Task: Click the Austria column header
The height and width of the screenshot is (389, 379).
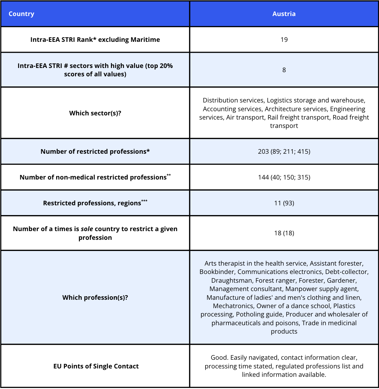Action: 284,14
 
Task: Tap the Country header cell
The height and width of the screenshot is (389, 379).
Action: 21,14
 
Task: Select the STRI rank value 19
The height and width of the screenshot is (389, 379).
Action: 284,40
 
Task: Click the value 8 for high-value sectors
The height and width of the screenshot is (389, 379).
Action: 284,70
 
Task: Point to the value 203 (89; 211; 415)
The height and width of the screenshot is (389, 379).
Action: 284,152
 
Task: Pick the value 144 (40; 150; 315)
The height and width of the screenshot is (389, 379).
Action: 284,177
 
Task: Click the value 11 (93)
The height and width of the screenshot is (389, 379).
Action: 284,203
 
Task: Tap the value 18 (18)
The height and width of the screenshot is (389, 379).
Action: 284,233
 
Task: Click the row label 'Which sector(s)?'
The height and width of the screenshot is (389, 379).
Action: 95,113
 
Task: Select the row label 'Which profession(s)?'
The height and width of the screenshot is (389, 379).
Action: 95,298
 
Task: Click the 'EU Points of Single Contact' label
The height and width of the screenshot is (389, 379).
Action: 96,366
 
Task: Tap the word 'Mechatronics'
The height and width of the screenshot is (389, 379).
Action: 233,306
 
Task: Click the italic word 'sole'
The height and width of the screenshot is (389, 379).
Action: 86,229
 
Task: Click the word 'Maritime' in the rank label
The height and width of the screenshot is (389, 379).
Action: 145,40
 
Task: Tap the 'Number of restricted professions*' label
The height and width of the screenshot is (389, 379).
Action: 95,152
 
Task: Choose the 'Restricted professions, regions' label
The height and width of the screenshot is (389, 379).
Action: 92,203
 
